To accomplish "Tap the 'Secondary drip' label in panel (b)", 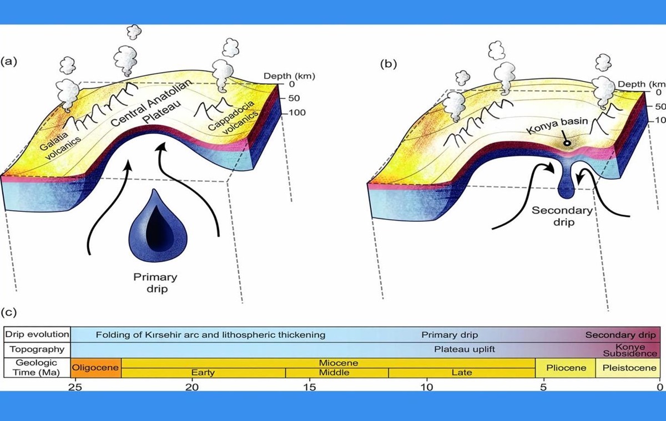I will point(562,216).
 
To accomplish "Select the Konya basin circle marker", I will point(567,143).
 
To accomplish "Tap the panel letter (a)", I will point(9,62).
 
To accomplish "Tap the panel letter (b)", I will point(388,64).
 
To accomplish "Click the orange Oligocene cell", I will point(96,368).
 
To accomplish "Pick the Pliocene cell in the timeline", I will point(566,368).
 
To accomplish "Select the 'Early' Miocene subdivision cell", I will point(203,373).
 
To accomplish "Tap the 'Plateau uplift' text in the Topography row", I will point(465,349).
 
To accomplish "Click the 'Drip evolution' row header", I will point(37,334).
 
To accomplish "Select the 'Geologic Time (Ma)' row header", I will point(37,368).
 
